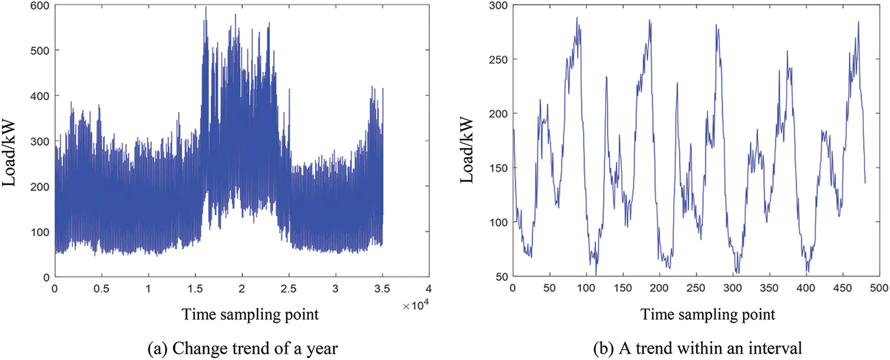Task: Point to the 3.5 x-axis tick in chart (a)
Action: (382, 289)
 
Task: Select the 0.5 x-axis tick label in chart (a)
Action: (101, 289)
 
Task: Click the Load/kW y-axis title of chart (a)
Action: (9, 154)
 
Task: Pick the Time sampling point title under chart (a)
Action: (250, 315)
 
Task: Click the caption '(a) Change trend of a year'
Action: (242, 348)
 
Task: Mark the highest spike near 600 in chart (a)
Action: (206, 7)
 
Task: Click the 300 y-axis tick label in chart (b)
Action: (498, 6)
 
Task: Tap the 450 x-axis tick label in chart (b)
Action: (842, 288)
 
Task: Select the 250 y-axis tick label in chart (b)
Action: (498, 60)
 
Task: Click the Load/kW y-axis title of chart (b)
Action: (467, 151)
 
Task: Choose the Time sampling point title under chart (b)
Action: (708, 315)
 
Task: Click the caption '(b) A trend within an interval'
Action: (698, 348)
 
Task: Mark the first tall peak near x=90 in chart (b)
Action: (577, 18)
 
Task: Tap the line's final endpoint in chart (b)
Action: (865, 183)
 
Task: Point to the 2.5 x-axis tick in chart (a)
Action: (288, 289)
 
